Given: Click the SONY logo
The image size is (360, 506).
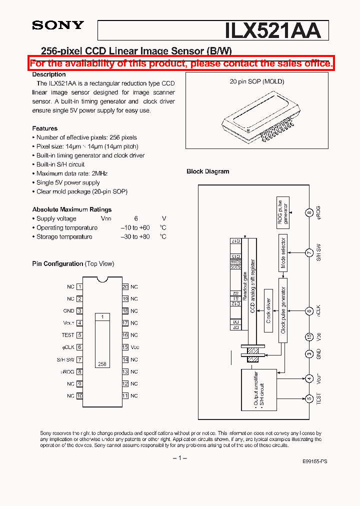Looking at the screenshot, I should [58, 25].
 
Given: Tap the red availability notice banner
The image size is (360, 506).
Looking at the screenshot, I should [180, 63].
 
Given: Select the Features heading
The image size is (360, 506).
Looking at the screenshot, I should [44, 128].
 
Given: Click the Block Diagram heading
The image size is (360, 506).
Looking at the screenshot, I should [207, 171].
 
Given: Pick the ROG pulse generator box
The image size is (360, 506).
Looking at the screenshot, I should [283, 212].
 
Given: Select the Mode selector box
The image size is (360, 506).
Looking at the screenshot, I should [283, 253].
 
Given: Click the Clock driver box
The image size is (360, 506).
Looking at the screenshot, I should [268, 311].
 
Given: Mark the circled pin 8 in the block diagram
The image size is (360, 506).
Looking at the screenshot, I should [309, 212].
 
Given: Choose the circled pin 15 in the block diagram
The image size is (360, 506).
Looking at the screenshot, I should [309, 336].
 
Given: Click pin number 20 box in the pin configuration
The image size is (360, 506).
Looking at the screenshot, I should [125, 287].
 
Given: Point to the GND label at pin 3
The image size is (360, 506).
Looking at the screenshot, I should [68, 311].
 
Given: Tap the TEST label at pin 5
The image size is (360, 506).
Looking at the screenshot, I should [68, 335].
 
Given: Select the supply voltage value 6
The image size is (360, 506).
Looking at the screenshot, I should [135, 218].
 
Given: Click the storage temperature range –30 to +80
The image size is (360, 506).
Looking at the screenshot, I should [135, 236].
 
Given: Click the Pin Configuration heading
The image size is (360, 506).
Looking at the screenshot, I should [57, 263].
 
